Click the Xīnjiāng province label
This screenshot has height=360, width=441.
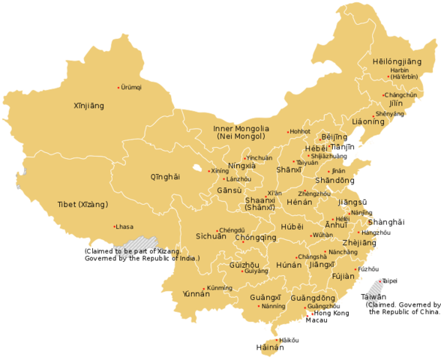coord(88,106)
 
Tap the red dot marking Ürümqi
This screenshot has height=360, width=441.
coord(118,88)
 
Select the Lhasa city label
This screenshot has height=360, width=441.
coord(125,226)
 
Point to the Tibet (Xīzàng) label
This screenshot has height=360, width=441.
coord(82,204)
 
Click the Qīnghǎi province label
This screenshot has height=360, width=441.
coord(165,177)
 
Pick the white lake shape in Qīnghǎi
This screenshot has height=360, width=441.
coord(196,168)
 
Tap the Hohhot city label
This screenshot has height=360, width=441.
coord(300,131)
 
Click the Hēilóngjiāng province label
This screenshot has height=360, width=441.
coord(397,61)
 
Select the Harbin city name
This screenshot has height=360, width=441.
coord(400,69)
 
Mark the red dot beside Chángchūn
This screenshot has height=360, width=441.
coord(382,95)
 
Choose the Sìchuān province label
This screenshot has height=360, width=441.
coord(211,235)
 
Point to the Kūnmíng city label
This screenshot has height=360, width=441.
coord(219,288)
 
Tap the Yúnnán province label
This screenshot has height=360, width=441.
coord(196,294)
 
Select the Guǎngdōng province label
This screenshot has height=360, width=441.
coord(313,298)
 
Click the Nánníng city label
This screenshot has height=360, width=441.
coord(273,306)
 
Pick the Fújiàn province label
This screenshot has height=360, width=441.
coord(342,276)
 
